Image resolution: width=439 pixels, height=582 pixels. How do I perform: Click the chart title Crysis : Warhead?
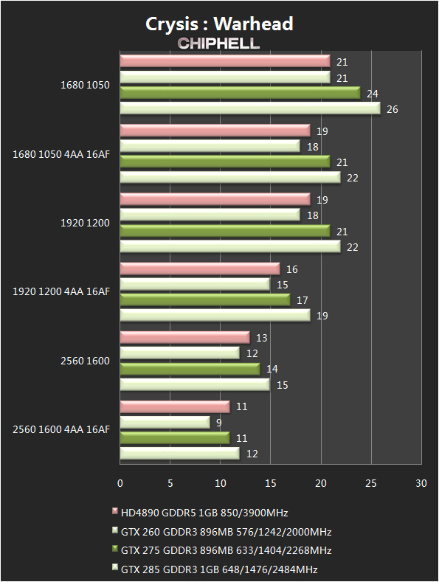[x=219, y=24]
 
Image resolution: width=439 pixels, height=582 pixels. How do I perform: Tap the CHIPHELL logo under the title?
[x=218, y=44]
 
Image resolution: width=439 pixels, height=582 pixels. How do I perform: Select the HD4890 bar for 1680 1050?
[x=225, y=61]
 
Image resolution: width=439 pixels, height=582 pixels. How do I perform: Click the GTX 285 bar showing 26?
[x=250, y=108]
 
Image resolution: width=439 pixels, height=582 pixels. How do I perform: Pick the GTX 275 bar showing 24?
[x=241, y=93]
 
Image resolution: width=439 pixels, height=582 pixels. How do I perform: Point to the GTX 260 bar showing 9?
[x=165, y=422]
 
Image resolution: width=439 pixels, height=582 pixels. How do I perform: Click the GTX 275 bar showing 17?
[x=205, y=299]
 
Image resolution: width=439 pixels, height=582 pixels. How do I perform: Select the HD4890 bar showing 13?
[x=185, y=337]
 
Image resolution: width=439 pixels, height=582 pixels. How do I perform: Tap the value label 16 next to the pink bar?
[x=292, y=269]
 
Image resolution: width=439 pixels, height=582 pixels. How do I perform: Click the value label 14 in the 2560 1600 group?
[x=272, y=369]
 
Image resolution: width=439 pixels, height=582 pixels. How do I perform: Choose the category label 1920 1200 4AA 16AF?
[x=61, y=292]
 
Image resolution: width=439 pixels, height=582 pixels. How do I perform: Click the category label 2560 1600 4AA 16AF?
[x=61, y=429]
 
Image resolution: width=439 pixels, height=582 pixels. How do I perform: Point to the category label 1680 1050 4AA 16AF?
[x=61, y=154]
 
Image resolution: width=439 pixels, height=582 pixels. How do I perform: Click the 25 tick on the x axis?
[x=371, y=483]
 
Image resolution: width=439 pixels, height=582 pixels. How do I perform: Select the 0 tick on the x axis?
[x=120, y=483]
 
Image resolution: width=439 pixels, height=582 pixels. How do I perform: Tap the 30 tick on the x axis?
[x=421, y=483]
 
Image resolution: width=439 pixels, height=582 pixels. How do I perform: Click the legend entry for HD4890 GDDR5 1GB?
[x=200, y=513]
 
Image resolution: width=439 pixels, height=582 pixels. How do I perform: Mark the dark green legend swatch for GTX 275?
[x=115, y=549]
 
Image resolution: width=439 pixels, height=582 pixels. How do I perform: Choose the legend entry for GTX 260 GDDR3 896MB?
[x=222, y=532]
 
